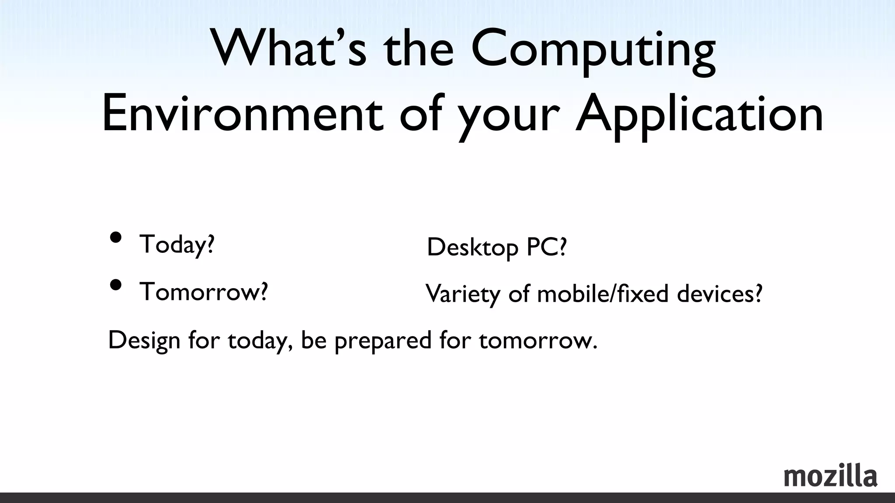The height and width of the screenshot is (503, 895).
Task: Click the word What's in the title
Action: click(289, 48)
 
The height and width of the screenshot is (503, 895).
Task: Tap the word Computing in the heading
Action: click(593, 50)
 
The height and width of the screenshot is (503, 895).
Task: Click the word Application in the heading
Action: click(699, 116)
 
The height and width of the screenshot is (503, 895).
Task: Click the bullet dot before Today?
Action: click(116, 238)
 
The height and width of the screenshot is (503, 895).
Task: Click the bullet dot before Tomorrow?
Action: click(116, 285)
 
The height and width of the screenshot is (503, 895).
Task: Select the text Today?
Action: click(177, 245)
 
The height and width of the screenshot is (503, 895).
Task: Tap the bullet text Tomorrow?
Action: click(204, 292)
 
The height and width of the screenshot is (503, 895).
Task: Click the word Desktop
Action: click(472, 248)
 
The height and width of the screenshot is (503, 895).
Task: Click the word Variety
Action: click(463, 294)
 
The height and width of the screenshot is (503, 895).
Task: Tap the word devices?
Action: click(719, 293)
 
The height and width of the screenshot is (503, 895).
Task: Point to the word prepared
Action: click(383, 341)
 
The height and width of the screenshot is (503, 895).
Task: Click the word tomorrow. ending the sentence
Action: click(538, 341)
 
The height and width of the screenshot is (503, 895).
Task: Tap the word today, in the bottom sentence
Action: click(260, 341)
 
